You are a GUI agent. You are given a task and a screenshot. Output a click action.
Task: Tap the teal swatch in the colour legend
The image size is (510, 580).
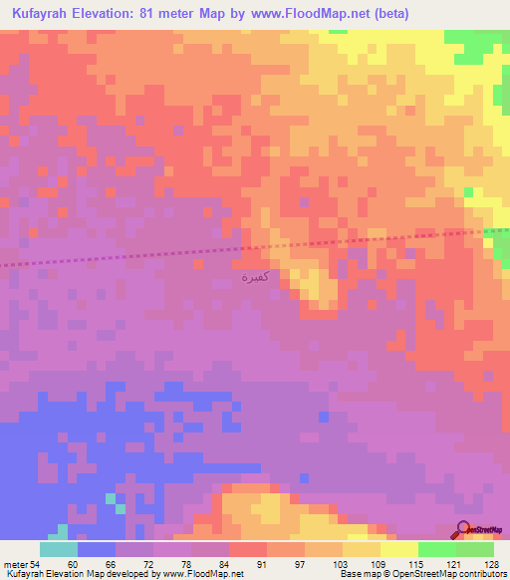[x=59, y=549]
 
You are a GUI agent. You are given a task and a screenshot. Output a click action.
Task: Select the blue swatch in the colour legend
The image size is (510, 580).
[x=97, y=549]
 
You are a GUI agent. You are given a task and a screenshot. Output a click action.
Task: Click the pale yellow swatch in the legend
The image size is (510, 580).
[x=398, y=549]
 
